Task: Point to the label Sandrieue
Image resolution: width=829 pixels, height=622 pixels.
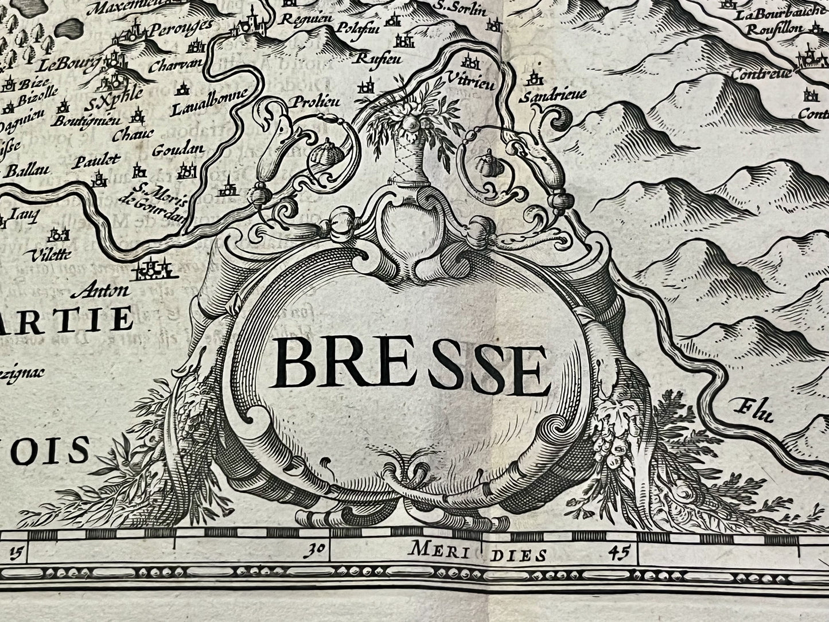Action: (x=544, y=98)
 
